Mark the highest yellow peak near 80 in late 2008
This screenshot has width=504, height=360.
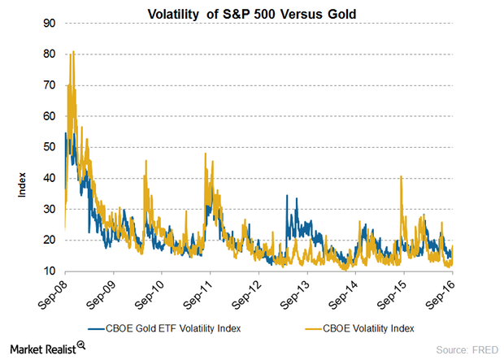pos(73,52)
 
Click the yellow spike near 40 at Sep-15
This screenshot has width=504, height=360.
pos(402,176)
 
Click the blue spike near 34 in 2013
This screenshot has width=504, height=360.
pos(286,196)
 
